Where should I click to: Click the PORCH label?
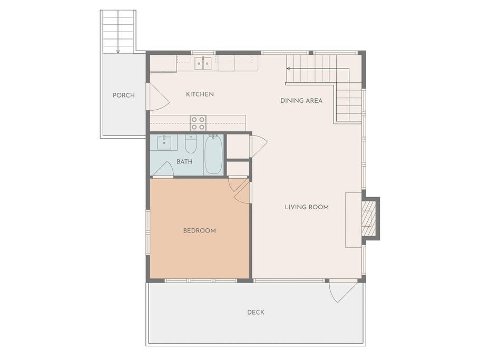click(124, 95)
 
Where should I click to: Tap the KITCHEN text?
click(200, 94)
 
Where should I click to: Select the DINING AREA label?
click(301, 100)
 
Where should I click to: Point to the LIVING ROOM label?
click(307, 207)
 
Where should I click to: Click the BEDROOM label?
click(200, 230)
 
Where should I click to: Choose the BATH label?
click(184, 161)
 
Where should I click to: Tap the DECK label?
click(256, 312)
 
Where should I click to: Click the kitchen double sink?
click(203, 63)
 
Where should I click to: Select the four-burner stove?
click(198, 123)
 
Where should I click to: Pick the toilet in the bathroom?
click(191, 144)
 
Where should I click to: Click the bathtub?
click(213, 154)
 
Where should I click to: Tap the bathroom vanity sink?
click(164, 143)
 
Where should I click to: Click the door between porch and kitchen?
click(158, 96)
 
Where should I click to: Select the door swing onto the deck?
click(344, 292)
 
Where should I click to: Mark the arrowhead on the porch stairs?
click(118, 52)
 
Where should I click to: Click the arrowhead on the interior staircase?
click(288, 69)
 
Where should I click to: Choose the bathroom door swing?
click(163, 169)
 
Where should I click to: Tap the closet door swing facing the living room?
click(259, 146)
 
